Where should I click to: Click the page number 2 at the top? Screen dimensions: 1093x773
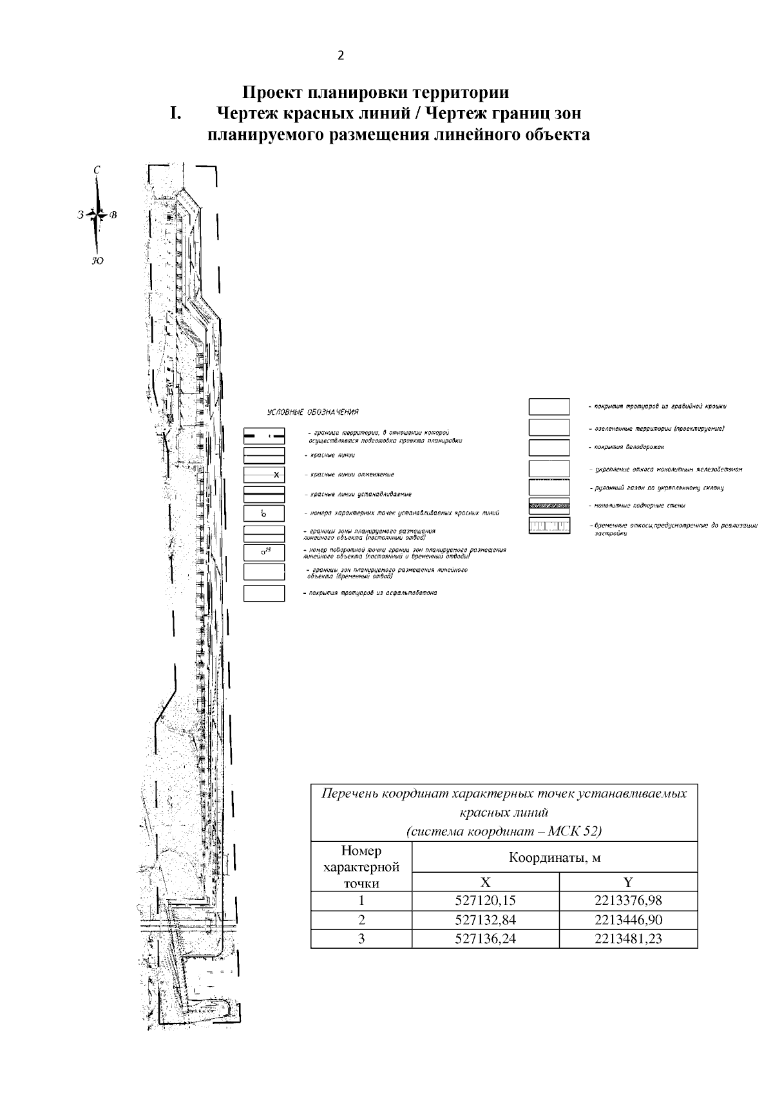pos(341,55)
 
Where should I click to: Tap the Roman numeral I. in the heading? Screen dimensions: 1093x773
pos(175,114)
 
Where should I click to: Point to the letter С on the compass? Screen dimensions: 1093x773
pos(97,170)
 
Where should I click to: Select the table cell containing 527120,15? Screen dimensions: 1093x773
pos(485,900)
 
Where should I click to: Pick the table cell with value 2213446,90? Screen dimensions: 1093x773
pos(628,920)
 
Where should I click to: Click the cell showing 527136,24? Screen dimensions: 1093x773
pos(485,939)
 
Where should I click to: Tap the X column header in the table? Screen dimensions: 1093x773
pos(485,882)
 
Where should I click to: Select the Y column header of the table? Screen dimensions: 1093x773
pos(628,882)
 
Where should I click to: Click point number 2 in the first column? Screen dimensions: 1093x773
pos(361,920)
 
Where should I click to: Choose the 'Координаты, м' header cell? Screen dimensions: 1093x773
pos(554,858)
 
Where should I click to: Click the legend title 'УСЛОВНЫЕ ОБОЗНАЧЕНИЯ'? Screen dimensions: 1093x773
pos(313,412)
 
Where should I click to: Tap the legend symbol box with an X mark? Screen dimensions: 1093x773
pos(264,475)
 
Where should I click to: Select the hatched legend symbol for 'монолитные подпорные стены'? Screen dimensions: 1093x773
pos(549,506)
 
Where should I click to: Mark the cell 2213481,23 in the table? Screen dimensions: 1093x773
pos(628,939)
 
